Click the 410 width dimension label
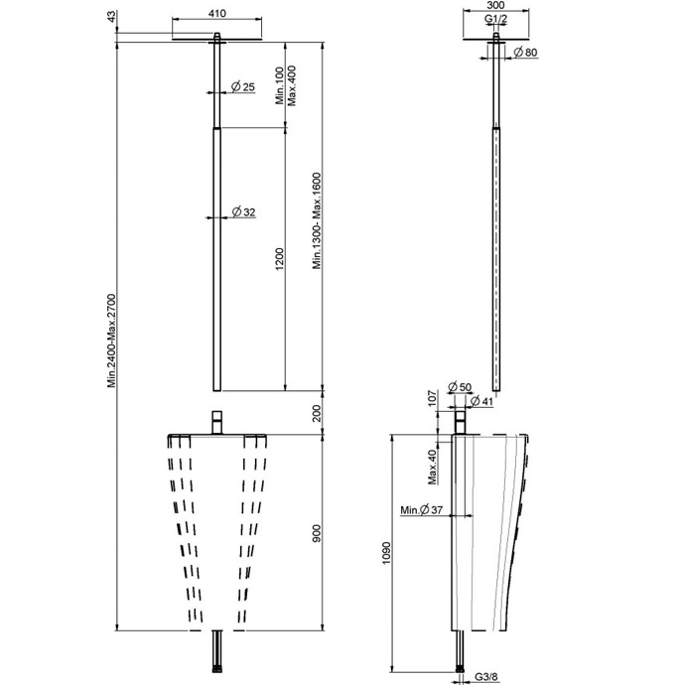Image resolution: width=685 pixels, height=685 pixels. pos(216,14)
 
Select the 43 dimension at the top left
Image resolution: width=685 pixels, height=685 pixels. pos(112,17)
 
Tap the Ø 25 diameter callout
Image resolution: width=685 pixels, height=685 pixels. pos(243,87)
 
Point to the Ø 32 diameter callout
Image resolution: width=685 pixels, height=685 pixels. pos(243,212)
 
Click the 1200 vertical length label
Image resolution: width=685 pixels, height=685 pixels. pos(280,259)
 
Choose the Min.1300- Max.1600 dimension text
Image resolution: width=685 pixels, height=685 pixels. pos(317,221)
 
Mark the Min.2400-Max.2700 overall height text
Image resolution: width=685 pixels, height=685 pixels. pos(112,341)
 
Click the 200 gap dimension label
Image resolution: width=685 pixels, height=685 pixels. pos(317,413)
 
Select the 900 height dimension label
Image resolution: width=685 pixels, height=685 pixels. pos(317,533)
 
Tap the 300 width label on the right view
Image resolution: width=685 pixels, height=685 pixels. pos(495,5)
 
